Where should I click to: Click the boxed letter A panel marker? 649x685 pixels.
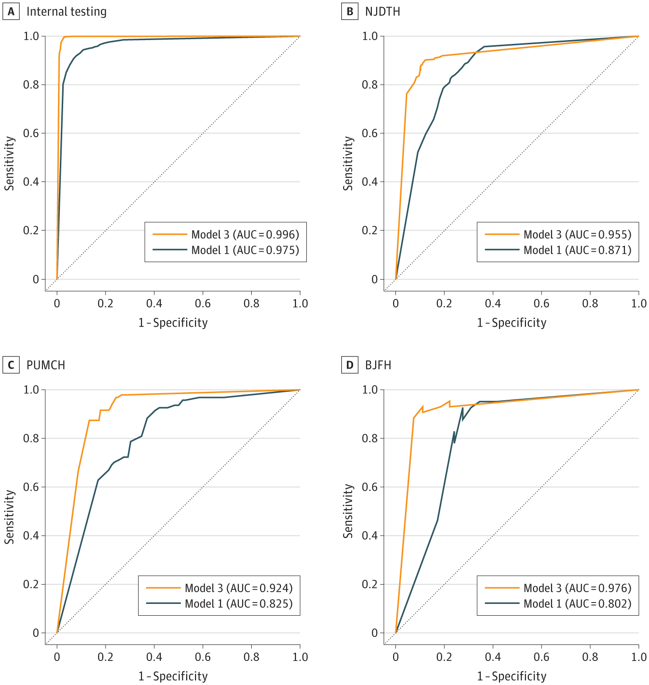[11, 12]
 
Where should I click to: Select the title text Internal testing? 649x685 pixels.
[66, 12]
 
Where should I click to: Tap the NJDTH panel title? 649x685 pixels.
[382, 12]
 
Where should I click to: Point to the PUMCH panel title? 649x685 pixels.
[46, 365]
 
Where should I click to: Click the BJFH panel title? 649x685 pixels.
[378, 365]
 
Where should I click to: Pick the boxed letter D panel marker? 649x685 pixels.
[349, 365]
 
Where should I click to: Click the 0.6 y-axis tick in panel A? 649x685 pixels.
[32, 133]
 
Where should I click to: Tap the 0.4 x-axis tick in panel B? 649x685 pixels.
[493, 303]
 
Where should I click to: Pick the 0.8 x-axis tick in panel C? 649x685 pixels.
[252, 657]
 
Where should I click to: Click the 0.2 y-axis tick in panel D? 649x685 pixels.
[370, 585]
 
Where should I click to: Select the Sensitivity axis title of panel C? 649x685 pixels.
[9, 517]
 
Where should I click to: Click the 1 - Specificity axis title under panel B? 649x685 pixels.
[511, 323]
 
